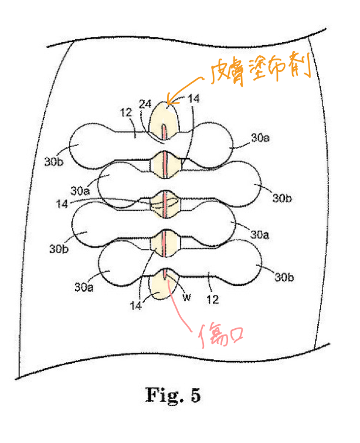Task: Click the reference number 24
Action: pos(145,104)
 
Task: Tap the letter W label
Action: pos(186,297)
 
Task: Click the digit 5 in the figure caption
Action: pos(196,395)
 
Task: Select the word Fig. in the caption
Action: pos(164,396)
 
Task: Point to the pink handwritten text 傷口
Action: pos(220,336)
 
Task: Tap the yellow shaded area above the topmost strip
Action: pos(164,118)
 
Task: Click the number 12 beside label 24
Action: pos(126,113)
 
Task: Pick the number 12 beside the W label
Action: pos(213,299)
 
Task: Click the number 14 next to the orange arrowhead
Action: pos(193,98)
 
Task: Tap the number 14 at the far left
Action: pos(62,204)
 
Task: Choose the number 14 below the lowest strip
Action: pos(136,305)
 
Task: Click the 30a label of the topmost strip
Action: pos(260,138)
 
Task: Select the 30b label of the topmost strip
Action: pos(54,162)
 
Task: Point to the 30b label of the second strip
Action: pos(282,198)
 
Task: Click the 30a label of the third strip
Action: pos(259,234)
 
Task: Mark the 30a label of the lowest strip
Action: pos(84,287)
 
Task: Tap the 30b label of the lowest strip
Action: pos(284,277)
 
